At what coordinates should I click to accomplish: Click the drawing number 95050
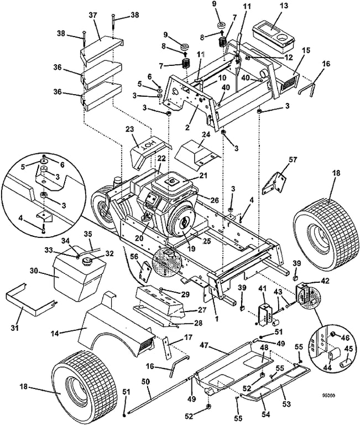(335, 396)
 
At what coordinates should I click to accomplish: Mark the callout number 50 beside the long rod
(146, 381)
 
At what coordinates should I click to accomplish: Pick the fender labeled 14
(111, 332)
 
